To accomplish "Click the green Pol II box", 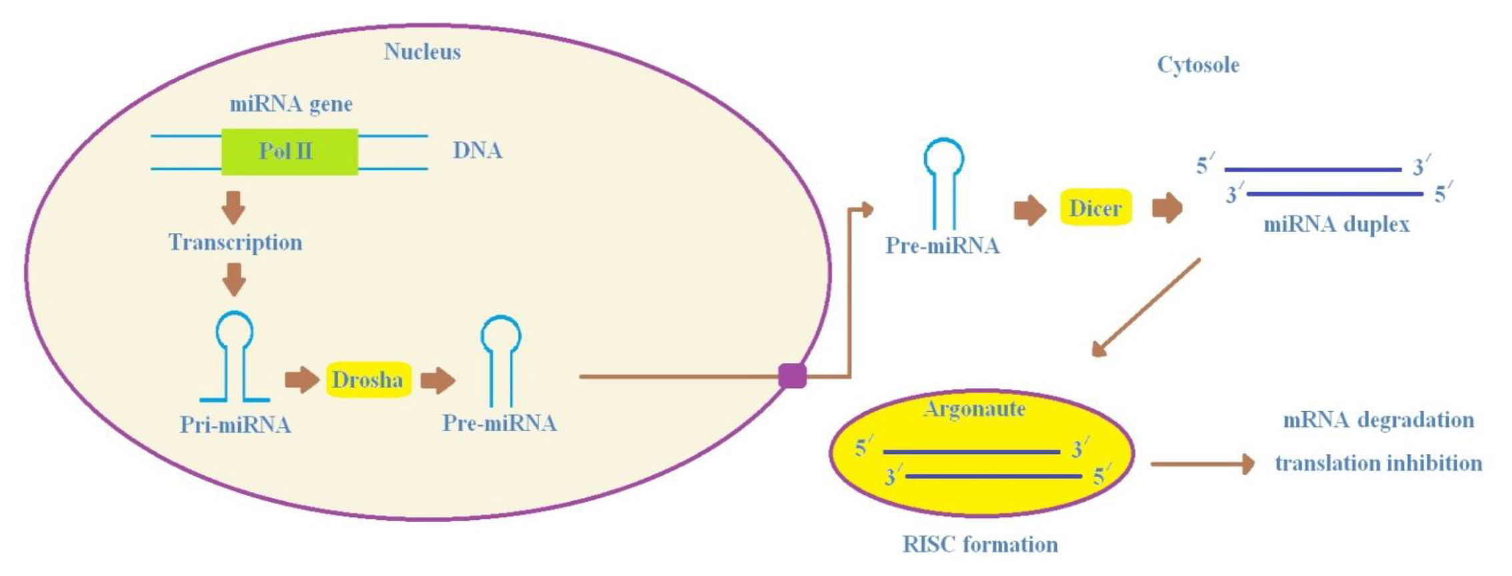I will [x=290, y=152].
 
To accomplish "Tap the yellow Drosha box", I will [x=368, y=380].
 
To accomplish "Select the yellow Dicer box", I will [x=1096, y=208].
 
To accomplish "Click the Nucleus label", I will [x=422, y=52].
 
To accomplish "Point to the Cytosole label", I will [x=1198, y=65].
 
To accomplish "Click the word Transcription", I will [x=235, y=242].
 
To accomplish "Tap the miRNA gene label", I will [x=291, y=104].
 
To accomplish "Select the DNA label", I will [x=477, y=151].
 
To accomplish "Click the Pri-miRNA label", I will [x=235, y=424].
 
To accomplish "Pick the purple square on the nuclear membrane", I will [x=792, y=376].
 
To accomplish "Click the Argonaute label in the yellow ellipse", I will [x=975, y=408].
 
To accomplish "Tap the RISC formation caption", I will [x=980, y=545].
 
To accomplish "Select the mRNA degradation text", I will [x=1379, y=420].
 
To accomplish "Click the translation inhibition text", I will [x=1379, y=463].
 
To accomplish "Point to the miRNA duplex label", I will [x=1337, y=224].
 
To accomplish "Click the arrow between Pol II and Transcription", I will [x=234, y=208].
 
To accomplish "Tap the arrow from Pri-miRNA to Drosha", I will [x=302, y=380].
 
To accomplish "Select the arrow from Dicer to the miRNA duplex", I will [x=1167, y=208].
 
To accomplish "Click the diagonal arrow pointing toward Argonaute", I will [x=1146, y=308].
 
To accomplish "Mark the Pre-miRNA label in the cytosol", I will [x=942, y=246].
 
